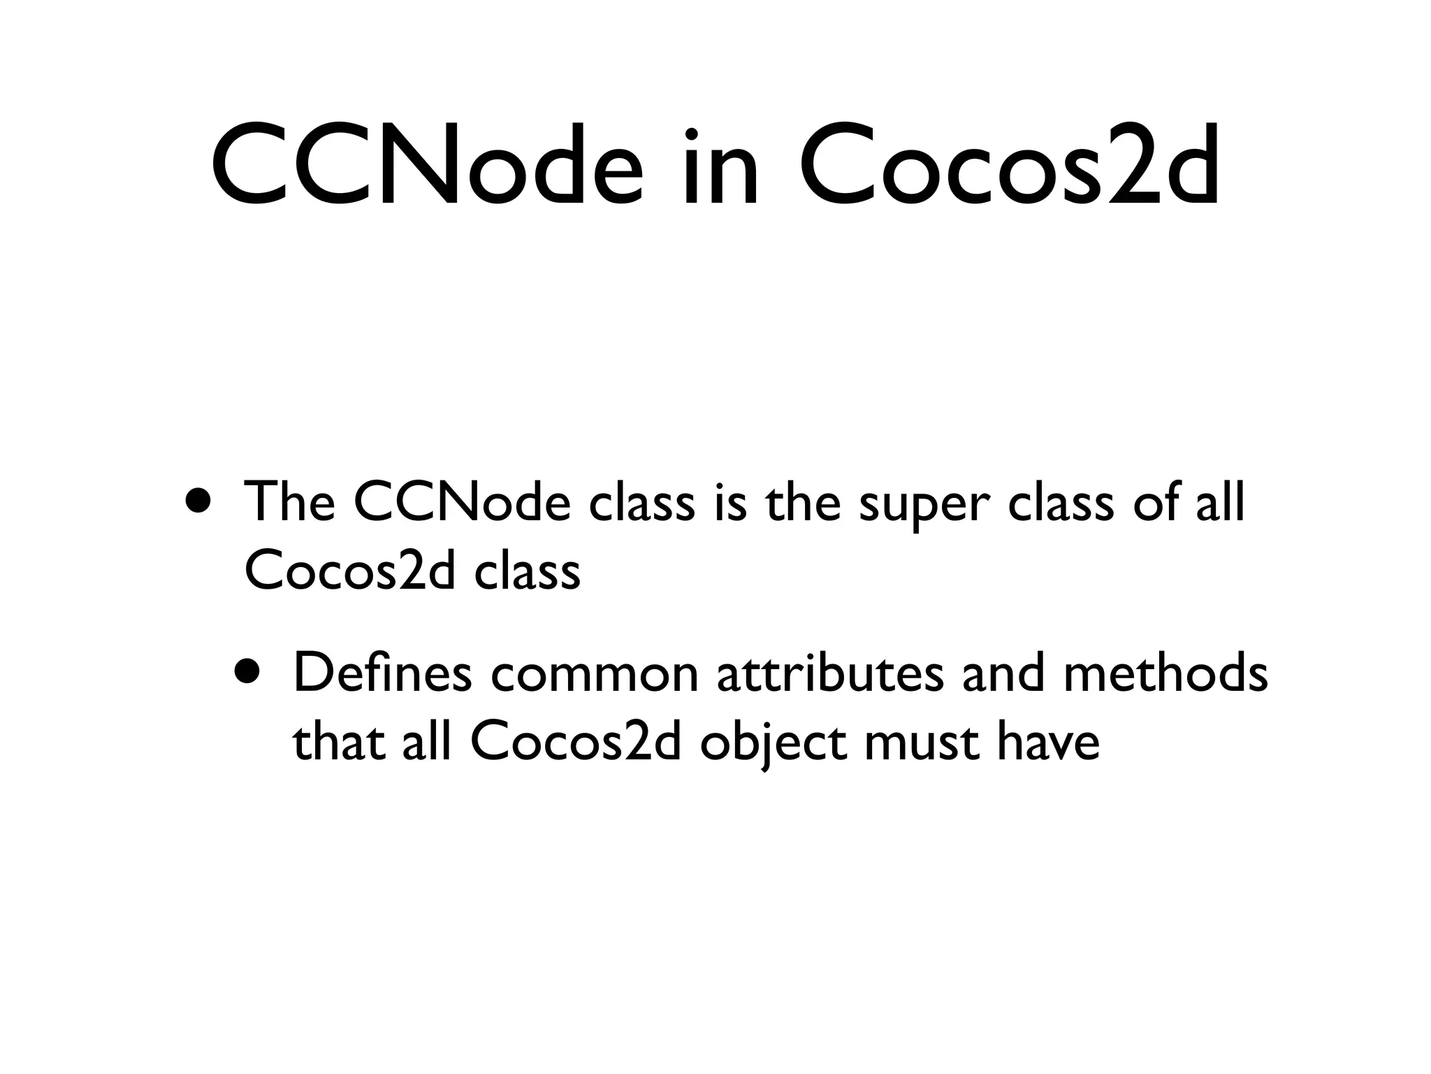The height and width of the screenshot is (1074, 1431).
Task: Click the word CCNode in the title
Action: (x=426, y=168)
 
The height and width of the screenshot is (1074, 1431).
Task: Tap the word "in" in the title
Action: (x=720, y=168)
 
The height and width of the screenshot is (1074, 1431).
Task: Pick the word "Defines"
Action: (x=382, y=673)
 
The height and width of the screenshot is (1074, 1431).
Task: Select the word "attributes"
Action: (x=829, y=673)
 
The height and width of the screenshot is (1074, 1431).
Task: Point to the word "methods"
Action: (x=1165, y=673)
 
